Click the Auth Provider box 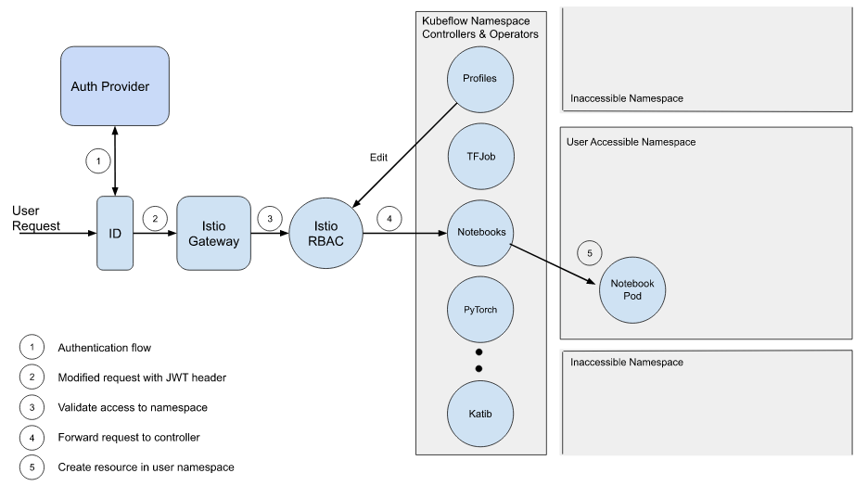point(114,86)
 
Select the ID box point(115,233)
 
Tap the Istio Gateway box point(213,233)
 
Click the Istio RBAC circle point(325,233)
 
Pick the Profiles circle point(479,79)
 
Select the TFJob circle point(479,156)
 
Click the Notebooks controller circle point(479,232)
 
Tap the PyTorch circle point(479,309)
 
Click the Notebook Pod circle point(632,289)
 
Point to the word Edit point(378,158)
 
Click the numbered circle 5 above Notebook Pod point(589,251)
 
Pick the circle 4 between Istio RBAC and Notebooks point(389,219)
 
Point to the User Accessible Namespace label point(631,142)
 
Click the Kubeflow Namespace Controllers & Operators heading point(479,27)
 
